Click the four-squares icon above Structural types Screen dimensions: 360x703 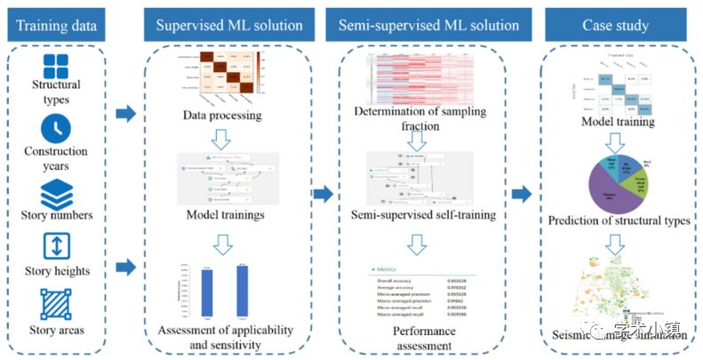click(56, 66)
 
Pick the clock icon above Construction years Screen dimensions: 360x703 click(56, 130)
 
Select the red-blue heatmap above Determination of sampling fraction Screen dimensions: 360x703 click(418, 76)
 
